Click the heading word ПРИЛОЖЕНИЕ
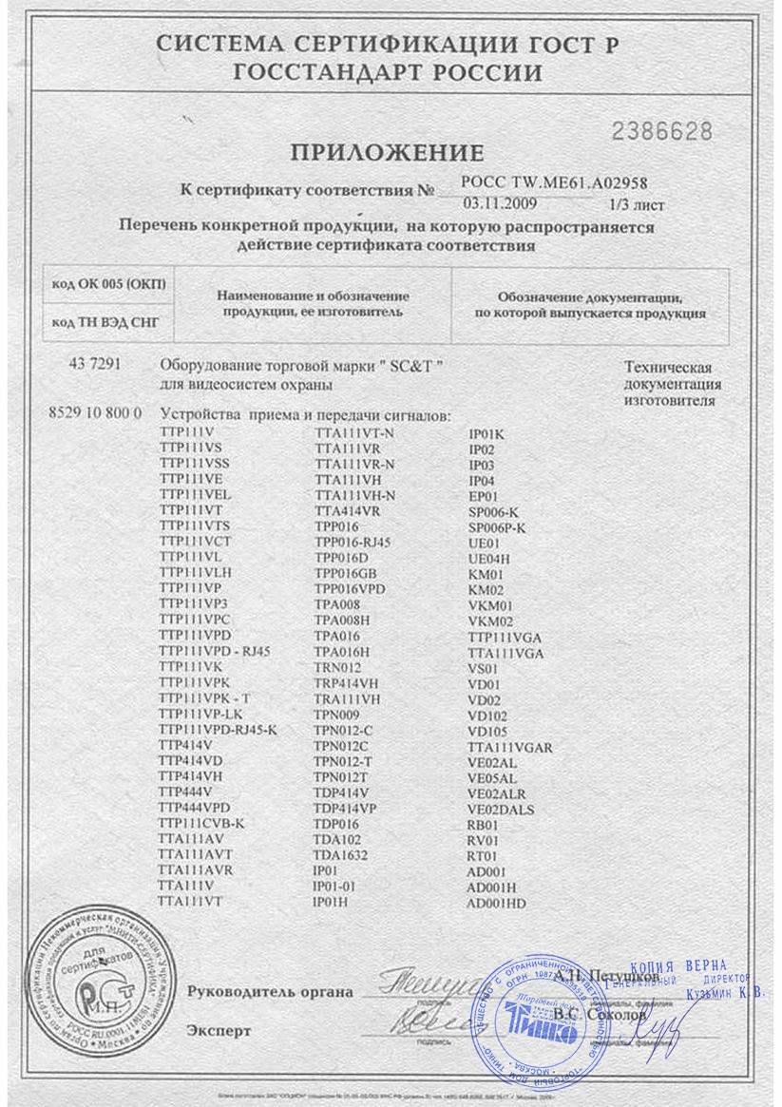point(387,153)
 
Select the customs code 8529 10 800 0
point(94,412)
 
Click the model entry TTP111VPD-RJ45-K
point(219,729)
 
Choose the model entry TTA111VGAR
point(510,747)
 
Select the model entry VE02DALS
point(502,809)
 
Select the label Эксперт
point(219,1030)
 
